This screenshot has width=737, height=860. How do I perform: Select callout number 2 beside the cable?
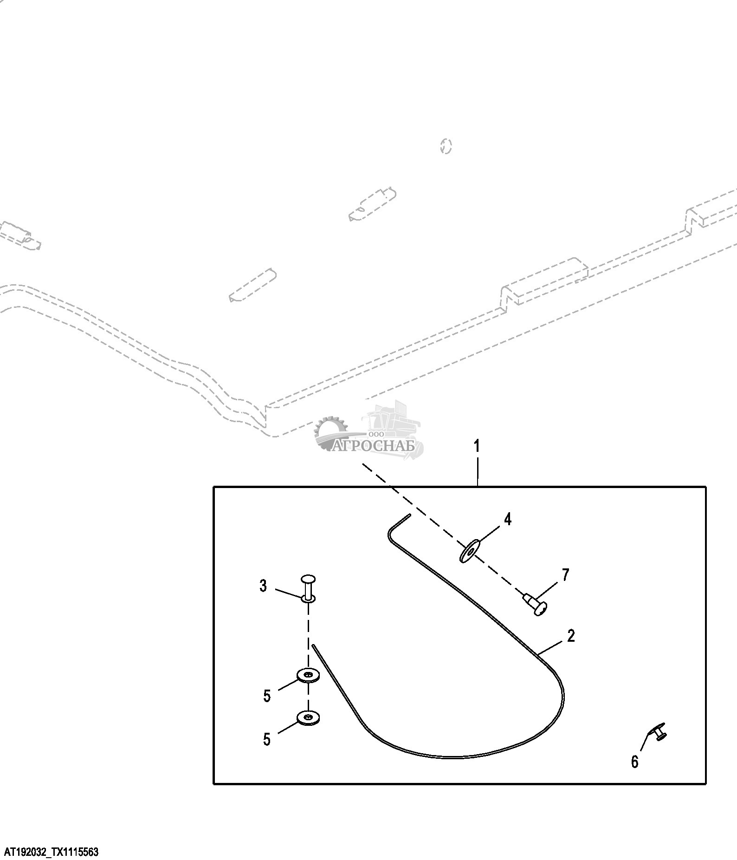[571, 636]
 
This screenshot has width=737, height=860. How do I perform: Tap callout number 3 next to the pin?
[263, 586]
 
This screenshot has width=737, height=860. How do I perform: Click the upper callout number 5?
[267, 696]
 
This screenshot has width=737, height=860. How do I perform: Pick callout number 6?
[634, 762]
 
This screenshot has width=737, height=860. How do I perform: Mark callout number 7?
[565, 575]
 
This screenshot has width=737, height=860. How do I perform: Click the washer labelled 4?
[470, 551]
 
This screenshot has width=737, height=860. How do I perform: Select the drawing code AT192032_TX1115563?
[51, 852]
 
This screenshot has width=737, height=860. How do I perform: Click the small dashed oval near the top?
[446, 146]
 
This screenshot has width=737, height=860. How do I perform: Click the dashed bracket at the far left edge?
[21, 235]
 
